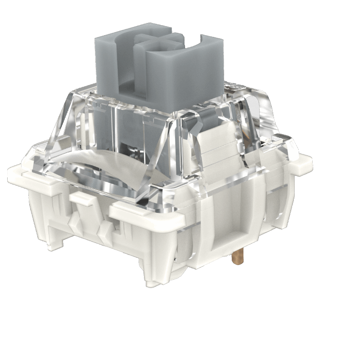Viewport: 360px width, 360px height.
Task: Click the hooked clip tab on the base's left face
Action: coord(80,198)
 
